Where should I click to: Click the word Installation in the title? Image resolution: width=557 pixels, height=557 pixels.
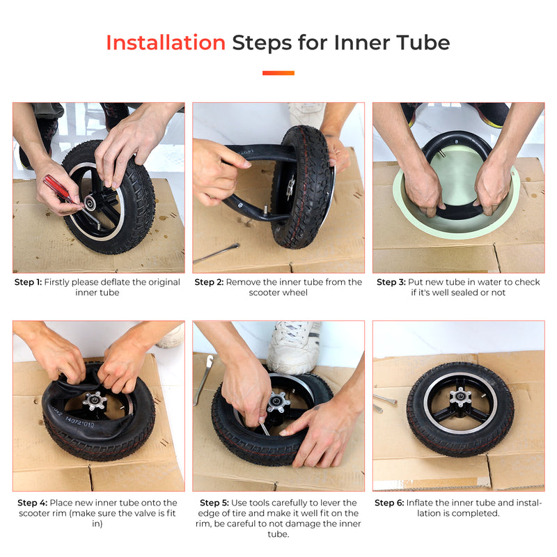(x=166, y=43)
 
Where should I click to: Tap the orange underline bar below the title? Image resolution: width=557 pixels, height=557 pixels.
(x=278, y=72)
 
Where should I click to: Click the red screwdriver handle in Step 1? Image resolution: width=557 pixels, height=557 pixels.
(x=58, y=187)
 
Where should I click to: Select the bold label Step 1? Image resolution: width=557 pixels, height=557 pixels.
(x=29, y=283)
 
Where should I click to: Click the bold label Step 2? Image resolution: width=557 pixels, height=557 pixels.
(x=209, y=283)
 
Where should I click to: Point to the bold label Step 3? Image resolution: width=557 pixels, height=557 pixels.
(x=391, y=283)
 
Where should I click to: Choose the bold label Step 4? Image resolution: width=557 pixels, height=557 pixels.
(x=32, y=503)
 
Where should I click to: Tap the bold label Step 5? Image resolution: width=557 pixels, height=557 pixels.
(x=214, y=503)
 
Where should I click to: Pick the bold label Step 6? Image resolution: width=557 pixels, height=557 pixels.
(x=389, y=503)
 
